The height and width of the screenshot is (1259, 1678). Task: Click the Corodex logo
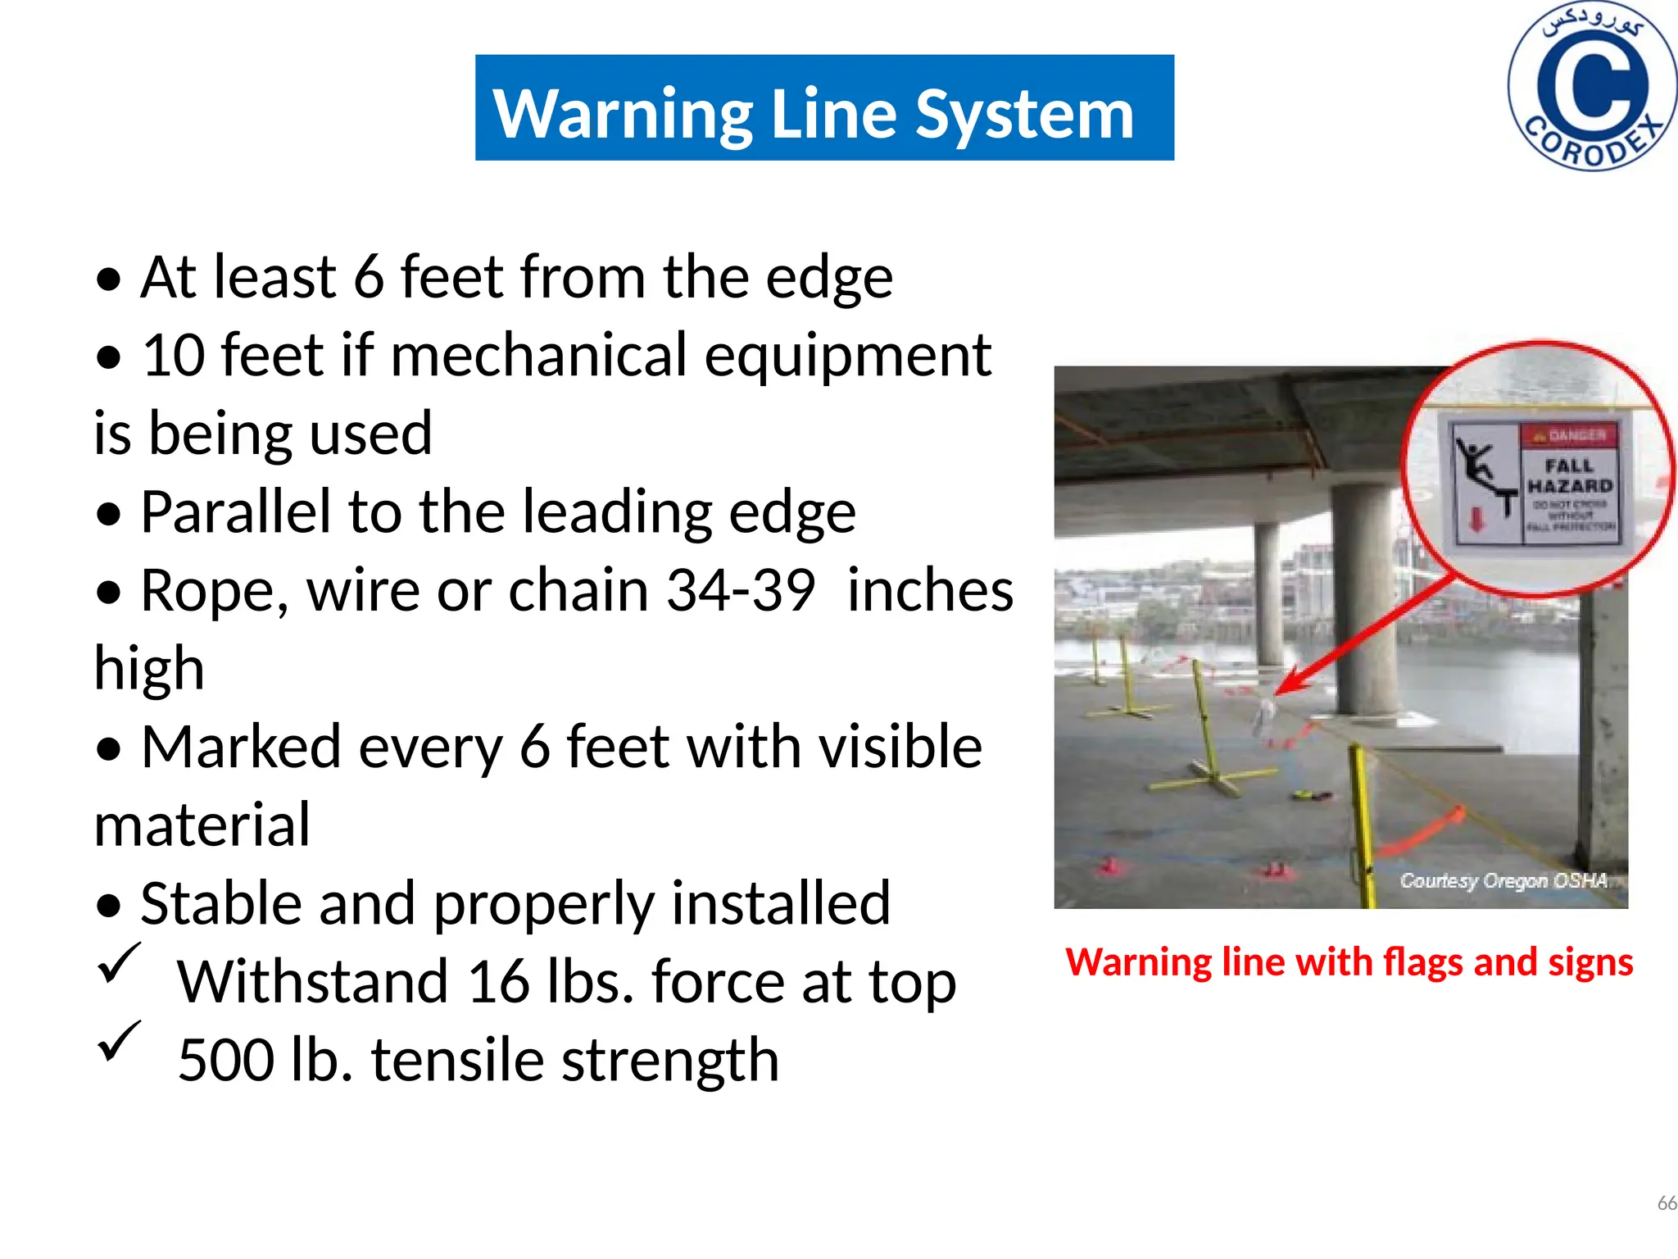click(1591, 86)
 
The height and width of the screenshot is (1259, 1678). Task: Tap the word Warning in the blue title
click(623, 114)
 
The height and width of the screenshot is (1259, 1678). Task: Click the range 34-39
click(740, 590)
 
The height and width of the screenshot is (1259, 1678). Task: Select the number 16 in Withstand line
click(499, 981)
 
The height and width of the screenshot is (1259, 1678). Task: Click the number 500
click(225, 1060)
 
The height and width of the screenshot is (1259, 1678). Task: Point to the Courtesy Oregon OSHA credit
click(1503, 881)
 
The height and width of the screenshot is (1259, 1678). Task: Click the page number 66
click(1667, 1203)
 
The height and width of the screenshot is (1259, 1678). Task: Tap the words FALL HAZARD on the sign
click(1569, 476)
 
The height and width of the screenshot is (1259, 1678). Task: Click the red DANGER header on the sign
click(1569, 435)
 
